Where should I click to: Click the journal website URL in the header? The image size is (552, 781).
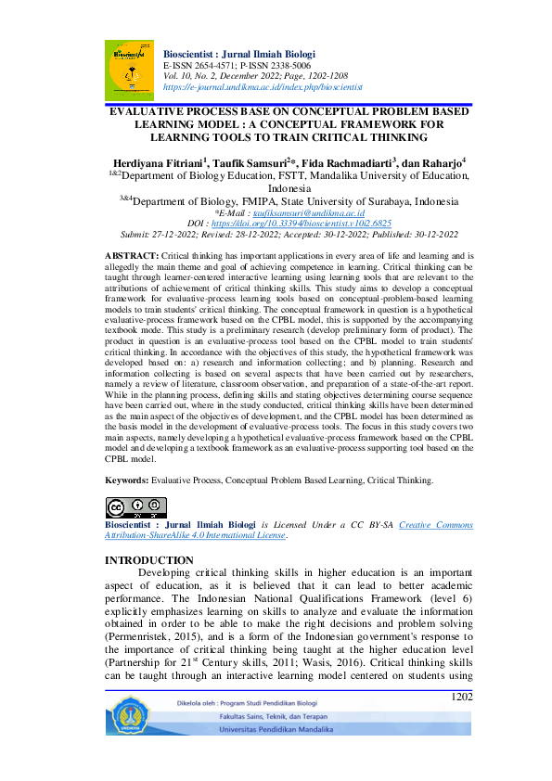pyautogui.click(x=262, y=86)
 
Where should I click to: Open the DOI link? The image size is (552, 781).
pyautogui.click(x=315, y=224)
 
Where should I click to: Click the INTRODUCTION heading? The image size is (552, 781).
pyautogui.click(x=149, y=560)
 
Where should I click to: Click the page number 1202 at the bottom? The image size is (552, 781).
pyautogui.click(x=462, y=697)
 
